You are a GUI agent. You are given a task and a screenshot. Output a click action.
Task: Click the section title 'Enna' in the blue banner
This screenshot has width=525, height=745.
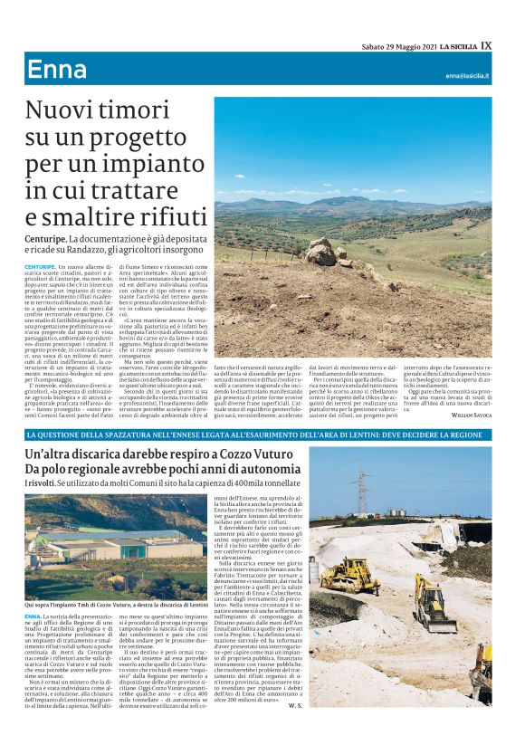tap(57, 70)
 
